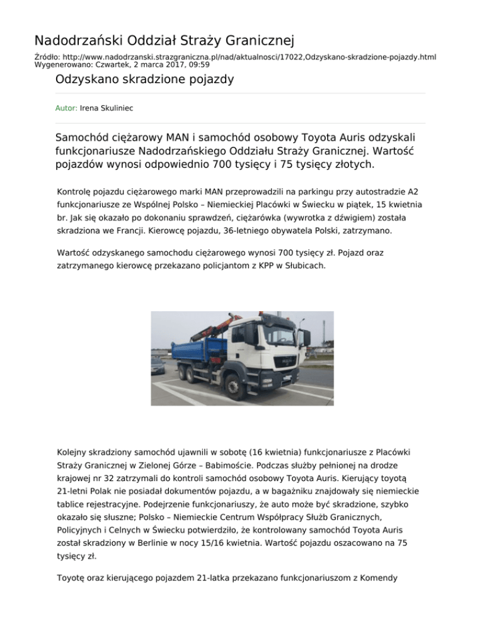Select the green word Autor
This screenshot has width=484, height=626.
[66, 108]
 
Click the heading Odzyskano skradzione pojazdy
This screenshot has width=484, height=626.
[145, 79]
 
